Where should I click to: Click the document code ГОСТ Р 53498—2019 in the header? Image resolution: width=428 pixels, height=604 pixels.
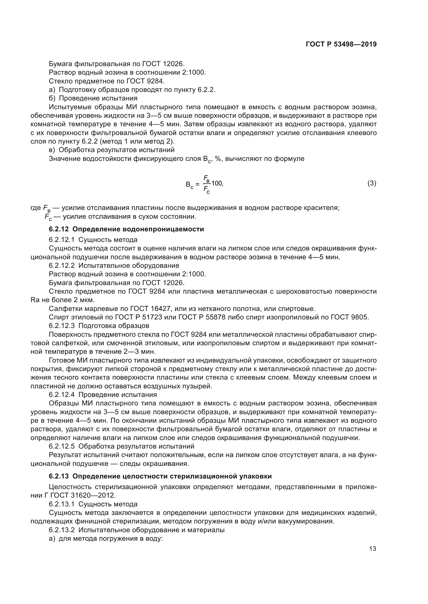point(341,44)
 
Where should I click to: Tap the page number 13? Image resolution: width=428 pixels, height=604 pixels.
point(372,549)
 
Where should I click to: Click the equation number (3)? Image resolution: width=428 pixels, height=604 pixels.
point(372,183)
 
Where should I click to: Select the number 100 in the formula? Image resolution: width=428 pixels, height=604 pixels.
point(217,183)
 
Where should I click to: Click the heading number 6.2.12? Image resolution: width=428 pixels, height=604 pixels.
point(58,229)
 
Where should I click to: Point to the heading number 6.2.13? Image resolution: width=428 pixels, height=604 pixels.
point(58,476)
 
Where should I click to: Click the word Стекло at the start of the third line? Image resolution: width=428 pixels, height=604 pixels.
point(60,81)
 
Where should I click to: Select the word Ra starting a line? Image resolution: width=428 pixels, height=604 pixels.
point(35,300)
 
